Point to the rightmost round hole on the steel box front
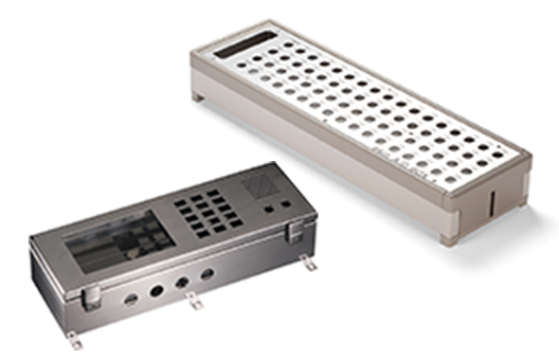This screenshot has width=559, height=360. (x=207, y=274)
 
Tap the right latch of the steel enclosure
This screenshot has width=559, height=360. (x=296, y=227)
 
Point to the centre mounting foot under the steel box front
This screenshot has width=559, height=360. (x=194, y=302)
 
